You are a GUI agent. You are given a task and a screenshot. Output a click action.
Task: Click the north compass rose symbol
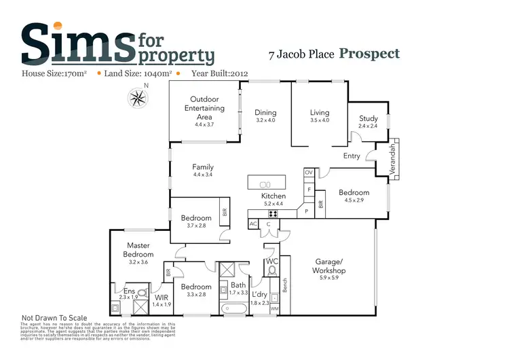[138, 98]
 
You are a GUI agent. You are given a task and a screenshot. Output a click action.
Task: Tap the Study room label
[369, 119]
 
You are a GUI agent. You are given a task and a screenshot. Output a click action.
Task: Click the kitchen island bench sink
[265, 183]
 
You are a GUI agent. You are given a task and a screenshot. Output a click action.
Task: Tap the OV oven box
[308, 173]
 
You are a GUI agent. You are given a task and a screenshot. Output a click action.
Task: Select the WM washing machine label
[275, 309]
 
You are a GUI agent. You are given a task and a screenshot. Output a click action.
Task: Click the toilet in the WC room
[272, 272]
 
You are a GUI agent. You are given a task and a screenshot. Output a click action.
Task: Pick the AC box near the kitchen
[253, 223]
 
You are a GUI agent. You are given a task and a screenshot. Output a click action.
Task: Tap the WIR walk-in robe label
[162, 297]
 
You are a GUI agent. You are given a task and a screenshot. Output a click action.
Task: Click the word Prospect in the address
[369, 54]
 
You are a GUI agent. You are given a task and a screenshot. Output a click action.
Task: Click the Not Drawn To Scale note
[55, 317]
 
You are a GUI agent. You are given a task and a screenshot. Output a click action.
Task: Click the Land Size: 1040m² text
[140, 73]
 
